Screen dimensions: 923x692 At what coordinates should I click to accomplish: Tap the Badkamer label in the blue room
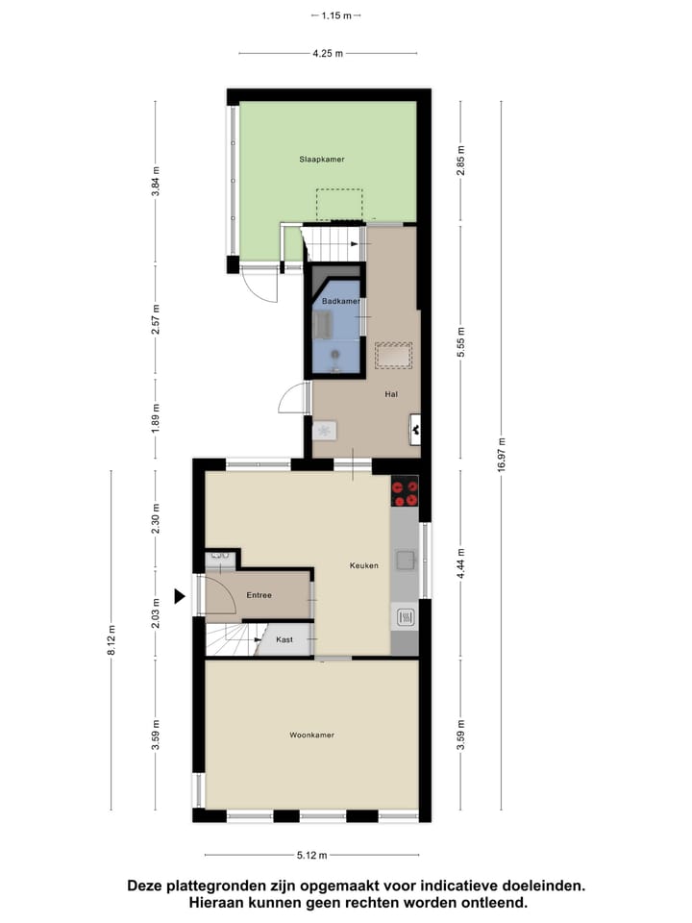341,302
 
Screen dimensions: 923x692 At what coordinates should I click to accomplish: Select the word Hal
391,394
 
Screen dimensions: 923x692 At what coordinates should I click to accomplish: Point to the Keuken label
364,565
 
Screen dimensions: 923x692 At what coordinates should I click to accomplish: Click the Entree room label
259,595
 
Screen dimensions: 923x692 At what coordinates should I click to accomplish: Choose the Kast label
284,639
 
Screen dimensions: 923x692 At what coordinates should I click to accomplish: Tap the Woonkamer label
311,736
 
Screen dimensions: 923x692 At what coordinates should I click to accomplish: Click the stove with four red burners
405,491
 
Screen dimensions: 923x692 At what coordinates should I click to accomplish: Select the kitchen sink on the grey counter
406,559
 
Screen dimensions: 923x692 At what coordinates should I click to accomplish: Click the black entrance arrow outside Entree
179,597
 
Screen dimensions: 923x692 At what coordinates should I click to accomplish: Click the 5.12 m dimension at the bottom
311,855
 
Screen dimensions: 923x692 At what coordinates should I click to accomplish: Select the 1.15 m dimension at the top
335,15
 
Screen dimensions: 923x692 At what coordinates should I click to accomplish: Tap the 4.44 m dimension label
461,563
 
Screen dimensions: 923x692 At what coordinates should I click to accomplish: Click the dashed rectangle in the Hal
393,355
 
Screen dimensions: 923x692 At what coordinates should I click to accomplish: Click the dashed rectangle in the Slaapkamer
339,205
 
